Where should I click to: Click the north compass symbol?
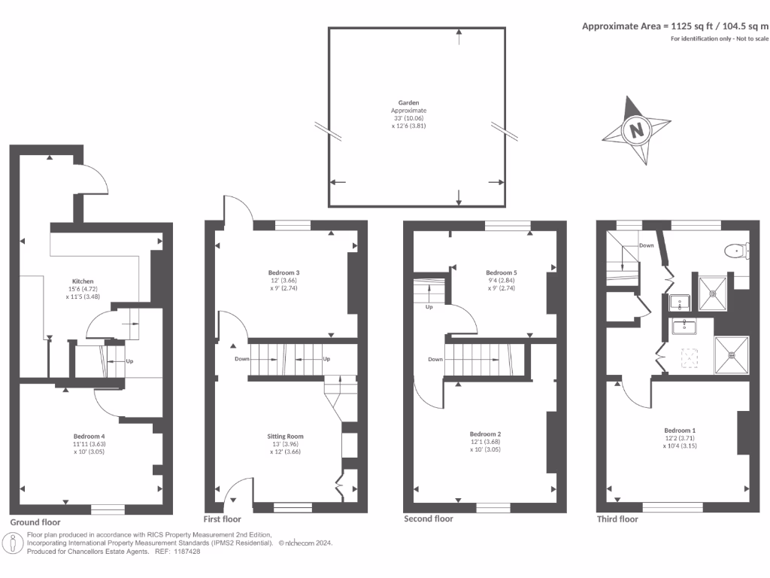[637, 129]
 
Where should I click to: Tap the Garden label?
[408, 102]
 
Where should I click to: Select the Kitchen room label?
[83, 281]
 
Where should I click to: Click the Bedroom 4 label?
[89, 437]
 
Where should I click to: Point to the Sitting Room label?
[285, 437]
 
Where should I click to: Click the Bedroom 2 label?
[485, 433]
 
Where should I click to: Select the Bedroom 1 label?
[678, 430]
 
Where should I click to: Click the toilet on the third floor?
[734, 251]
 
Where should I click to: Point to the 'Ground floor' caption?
[35, 522]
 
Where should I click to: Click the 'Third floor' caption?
[617, 519]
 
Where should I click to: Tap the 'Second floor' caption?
[429, 519]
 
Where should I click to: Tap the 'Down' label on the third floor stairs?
[646, 245]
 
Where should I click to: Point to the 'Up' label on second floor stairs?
[429, 307]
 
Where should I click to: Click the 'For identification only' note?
[720, 38]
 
